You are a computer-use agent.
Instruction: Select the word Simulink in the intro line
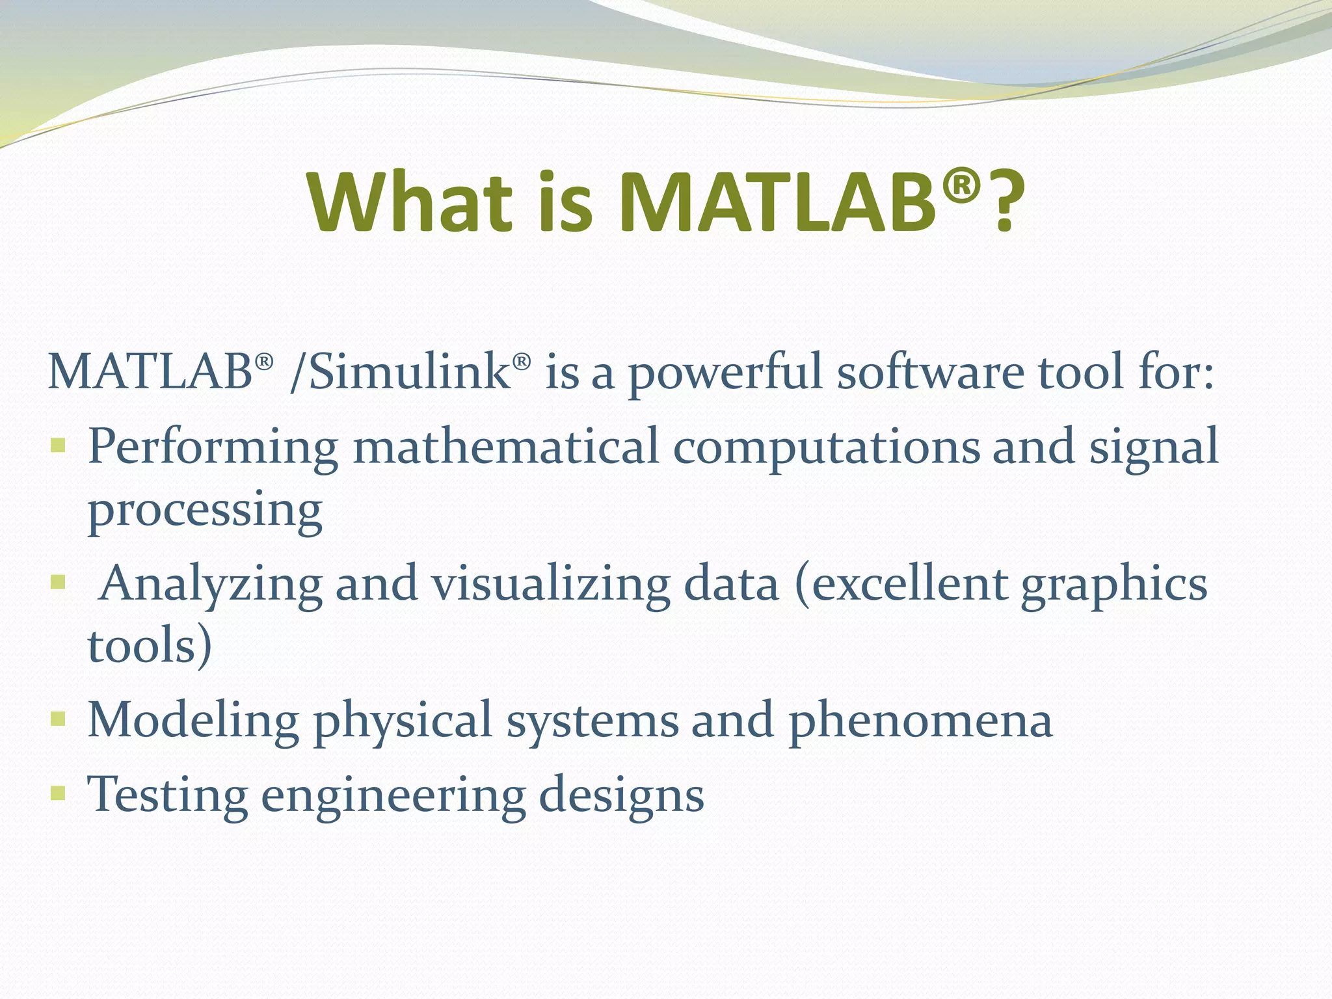(410, 372)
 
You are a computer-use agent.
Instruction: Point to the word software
(930, 372)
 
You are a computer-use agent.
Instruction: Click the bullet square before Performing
(58, 446)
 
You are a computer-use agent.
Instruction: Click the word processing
(205, 511)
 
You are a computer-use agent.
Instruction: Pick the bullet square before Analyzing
(58, 581)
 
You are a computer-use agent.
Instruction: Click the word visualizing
(550, 583)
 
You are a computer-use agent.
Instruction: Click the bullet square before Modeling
(58, 719)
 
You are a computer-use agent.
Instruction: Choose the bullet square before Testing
(58, 793)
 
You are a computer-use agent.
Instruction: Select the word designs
(621, 795)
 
